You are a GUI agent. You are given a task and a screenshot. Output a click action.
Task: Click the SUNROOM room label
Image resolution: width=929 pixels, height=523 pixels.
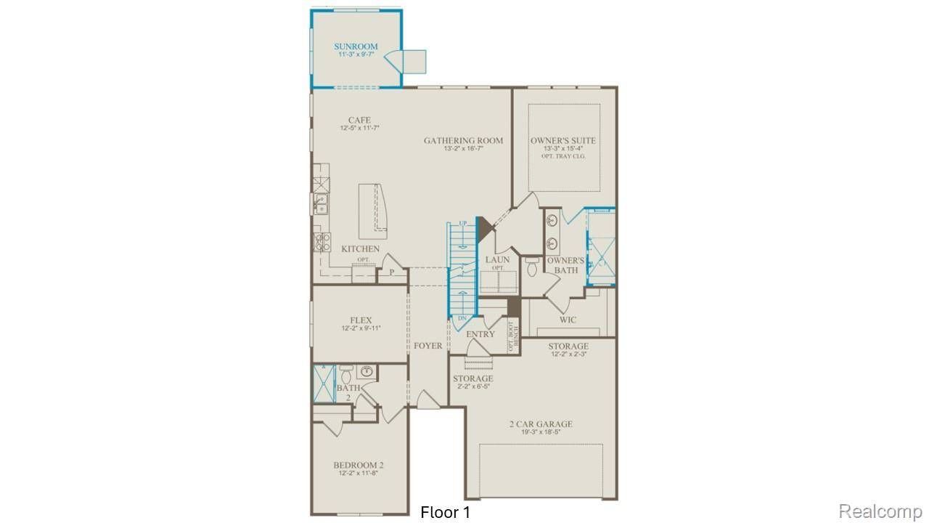coord(356,46)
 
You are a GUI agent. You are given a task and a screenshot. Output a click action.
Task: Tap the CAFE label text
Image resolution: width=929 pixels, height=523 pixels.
coord(359,121)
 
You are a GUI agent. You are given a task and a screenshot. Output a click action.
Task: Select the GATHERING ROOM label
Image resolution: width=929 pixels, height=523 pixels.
coord(463,141)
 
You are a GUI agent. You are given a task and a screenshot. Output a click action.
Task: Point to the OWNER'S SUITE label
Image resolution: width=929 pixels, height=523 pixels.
coord(563,141)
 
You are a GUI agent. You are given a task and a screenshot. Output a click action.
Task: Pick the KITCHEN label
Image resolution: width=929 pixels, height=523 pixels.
coord(361,249)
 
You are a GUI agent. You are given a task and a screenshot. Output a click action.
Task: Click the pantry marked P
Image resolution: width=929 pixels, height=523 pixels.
coord(391,272)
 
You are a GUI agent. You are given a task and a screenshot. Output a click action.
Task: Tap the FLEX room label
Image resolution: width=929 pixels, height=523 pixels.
coord(361,320)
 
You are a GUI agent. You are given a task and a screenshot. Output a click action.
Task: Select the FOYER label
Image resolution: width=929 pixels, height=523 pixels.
coord(428,346)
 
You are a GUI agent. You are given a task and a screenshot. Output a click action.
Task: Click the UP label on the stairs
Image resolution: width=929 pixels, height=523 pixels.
coord(462,223)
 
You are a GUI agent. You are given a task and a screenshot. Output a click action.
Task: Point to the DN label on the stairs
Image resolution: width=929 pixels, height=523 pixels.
coord(462,318)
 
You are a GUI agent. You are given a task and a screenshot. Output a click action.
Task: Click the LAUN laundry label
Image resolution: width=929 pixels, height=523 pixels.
coord(497,259)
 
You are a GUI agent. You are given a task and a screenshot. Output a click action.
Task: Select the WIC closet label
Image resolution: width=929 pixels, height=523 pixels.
coord(568,320)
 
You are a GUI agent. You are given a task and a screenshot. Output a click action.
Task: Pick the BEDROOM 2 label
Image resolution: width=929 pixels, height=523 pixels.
coord(359,465)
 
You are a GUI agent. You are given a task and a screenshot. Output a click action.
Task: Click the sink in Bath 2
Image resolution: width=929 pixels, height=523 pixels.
coord(367,372)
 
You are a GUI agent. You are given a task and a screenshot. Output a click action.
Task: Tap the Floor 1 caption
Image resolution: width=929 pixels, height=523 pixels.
coord(445,512)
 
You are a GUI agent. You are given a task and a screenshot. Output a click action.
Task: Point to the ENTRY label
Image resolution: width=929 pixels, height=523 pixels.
coord(480,334)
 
